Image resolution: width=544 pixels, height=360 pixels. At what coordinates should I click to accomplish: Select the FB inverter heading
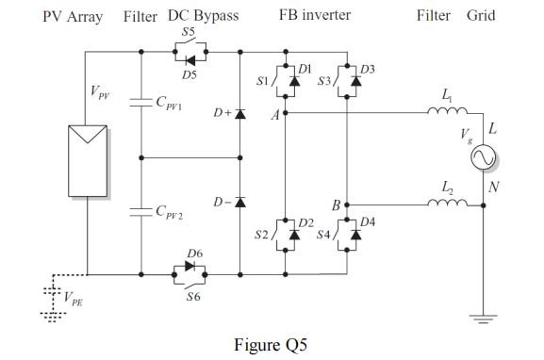coord(312,16)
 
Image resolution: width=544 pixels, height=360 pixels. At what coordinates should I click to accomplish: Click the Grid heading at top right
coord(480,16)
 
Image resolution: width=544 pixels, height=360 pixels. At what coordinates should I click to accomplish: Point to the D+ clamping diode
coord(239,114)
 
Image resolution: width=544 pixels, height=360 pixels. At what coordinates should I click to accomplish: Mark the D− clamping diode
coord(239,202)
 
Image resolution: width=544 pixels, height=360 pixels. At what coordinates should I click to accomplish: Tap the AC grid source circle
coord(481,157)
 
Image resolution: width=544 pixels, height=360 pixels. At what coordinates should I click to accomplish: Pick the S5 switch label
coord(189,32)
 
